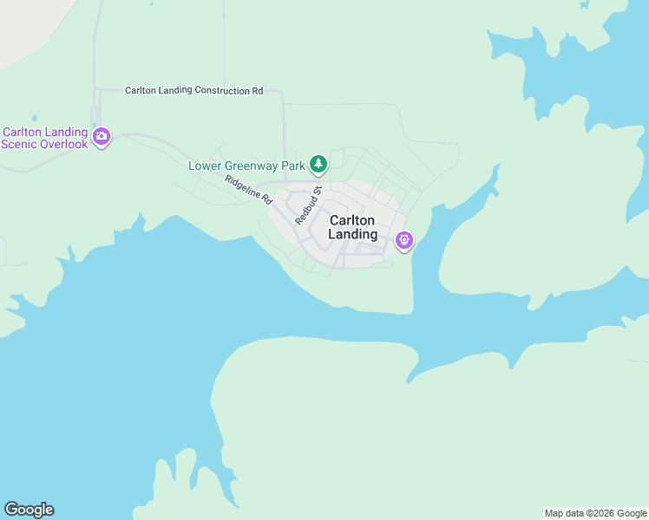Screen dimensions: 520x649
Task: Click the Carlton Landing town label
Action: [x=353, y=227]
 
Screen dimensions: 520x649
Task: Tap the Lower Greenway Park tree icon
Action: [x=319, y=163]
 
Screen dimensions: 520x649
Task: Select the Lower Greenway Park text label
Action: [x=247, y=165]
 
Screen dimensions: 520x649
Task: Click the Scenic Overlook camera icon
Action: [x=102, y=136]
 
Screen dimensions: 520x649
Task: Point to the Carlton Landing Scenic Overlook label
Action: [x=45, y=139]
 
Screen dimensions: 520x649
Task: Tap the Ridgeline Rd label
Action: [x=248, y=189]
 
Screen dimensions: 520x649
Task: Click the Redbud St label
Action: [x=308, y=205]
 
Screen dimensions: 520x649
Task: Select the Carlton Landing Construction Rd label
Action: [x=193, y=90]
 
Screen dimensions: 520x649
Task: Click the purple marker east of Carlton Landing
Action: [x=403, y=240]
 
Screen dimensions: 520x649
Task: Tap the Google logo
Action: [x=29, y=510]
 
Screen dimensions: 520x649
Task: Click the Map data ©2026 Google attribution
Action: [x=595, y=513]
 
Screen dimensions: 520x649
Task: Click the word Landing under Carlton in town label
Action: [x=353, y=234]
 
